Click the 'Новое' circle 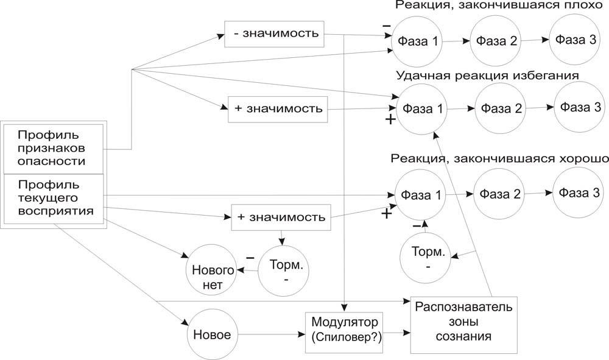click(211, 336)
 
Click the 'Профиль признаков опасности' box click(54, 147)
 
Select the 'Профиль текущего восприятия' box click(54, 197)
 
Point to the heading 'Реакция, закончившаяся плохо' click(494, 5)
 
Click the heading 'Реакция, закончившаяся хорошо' click(499, 158)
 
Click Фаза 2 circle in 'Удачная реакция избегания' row click(499, 109)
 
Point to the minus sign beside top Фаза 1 click(385, 26)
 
